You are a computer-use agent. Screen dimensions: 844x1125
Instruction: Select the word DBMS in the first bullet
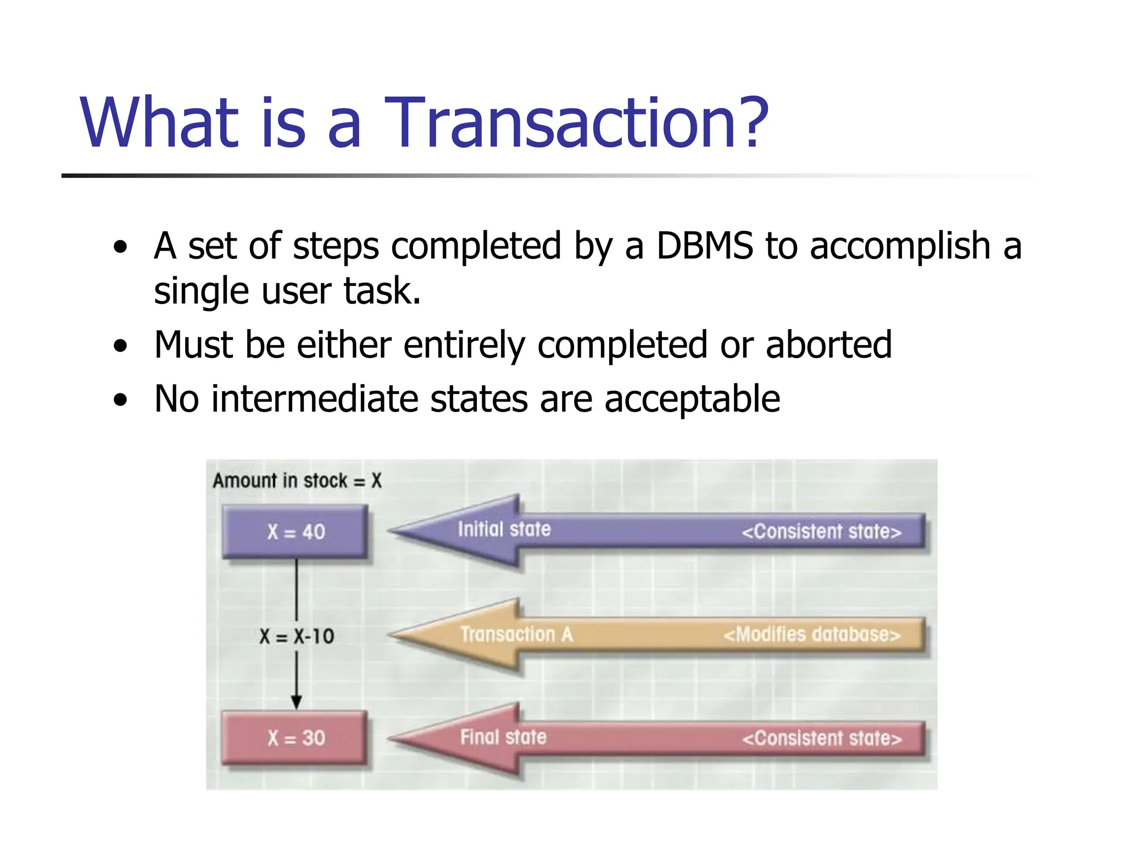[705, 246]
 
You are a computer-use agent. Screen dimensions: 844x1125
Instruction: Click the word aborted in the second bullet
[828, 345]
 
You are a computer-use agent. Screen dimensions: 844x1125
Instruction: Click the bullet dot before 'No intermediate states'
[120, 401]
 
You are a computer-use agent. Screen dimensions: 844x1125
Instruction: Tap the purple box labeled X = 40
[296, 532]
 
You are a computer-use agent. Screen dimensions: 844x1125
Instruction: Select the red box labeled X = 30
[296, 737]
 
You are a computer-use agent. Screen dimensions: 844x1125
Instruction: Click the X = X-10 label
[297, 636]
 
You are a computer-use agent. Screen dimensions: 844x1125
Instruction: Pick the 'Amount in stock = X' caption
[297, 481]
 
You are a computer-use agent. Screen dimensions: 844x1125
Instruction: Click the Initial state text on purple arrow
[504, 529]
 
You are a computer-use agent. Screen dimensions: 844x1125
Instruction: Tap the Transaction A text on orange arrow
[516, 634]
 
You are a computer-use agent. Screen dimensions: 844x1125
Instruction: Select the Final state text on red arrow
[503, 737]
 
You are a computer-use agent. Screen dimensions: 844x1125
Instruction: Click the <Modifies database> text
[812, 634]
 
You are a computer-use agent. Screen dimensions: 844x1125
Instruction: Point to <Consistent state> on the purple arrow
[821, 531]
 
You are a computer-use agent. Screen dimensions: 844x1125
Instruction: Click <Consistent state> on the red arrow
[821, 738]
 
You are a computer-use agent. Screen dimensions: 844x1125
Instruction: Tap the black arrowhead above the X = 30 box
[297, 702]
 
